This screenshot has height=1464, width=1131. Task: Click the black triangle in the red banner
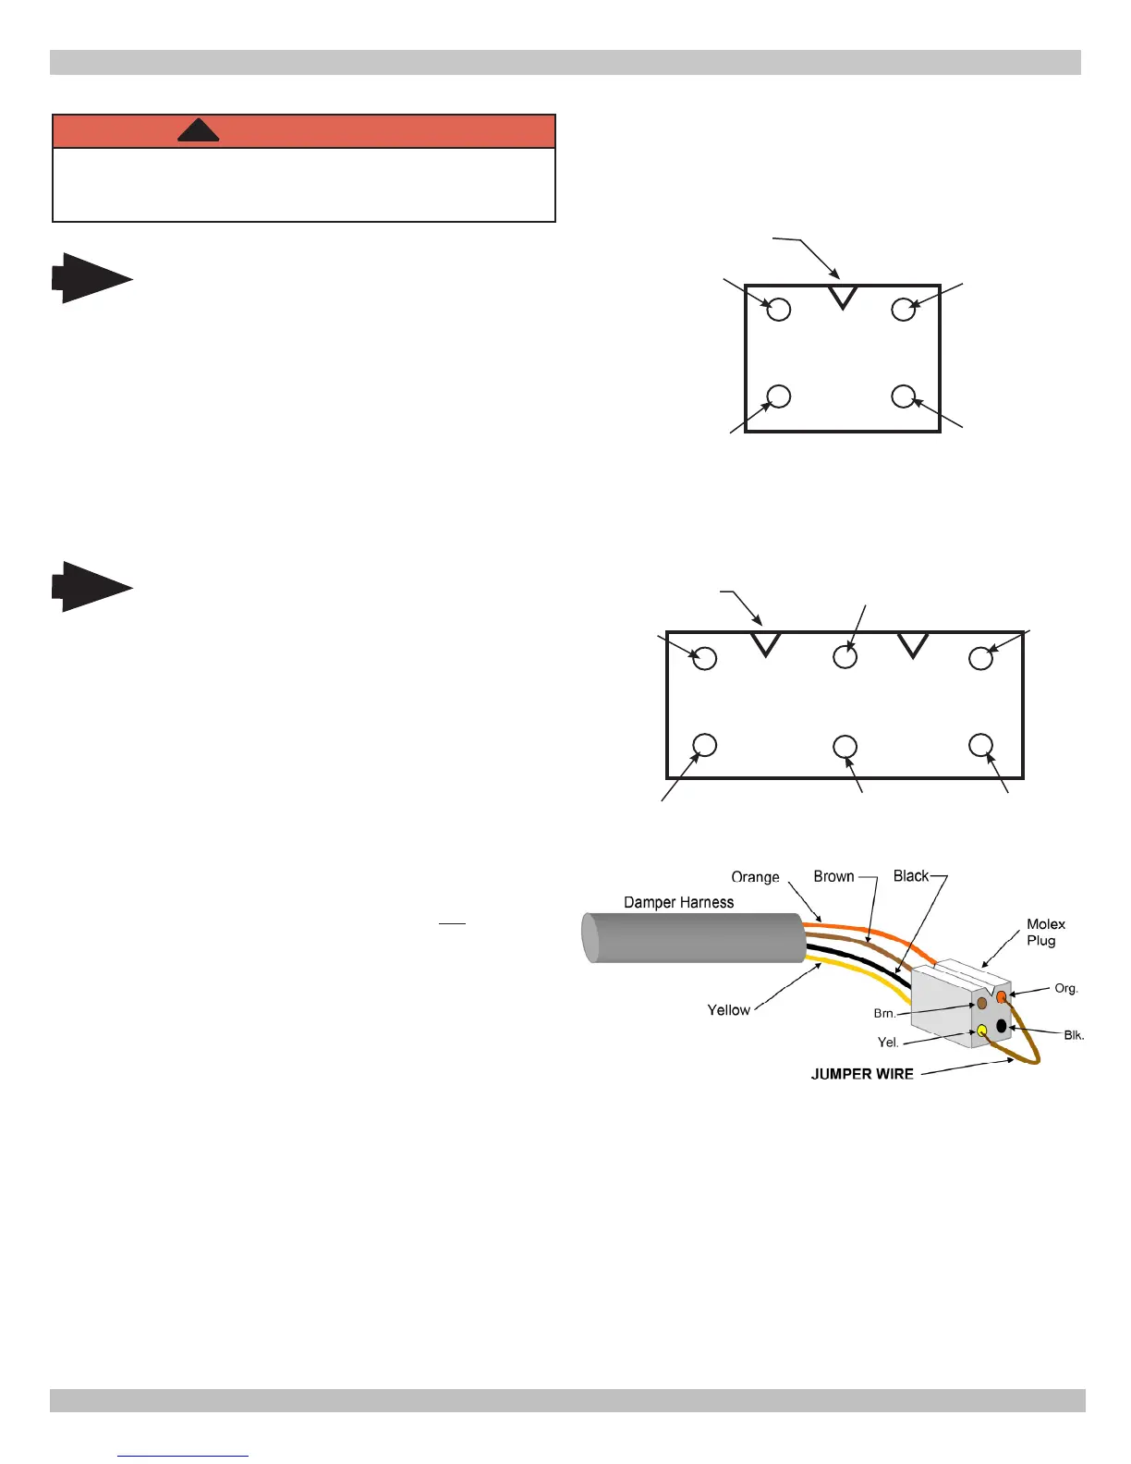point(198,131)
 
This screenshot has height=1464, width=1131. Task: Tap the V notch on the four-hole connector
point(843,297)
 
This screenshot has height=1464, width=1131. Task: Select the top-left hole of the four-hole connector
point(779,309)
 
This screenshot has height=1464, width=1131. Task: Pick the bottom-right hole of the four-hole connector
point(903,396)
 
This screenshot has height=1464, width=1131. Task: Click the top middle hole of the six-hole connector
point(845,657)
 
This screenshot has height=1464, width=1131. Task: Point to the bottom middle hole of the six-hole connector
point(845,746)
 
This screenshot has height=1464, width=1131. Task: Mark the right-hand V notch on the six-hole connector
point(913,644)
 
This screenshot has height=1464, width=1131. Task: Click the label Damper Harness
point(678,902)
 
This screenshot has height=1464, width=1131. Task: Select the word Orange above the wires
point(755,877)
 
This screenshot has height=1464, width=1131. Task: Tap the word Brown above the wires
point(833,876)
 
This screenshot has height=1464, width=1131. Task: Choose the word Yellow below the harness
point(728,1010)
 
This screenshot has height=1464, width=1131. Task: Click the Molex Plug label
point(1045,932)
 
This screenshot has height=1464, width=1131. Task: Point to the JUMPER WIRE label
point(862,1074)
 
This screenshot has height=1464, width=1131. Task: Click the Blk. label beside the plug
point(1074,1035)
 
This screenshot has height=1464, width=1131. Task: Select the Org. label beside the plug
point(1066,988)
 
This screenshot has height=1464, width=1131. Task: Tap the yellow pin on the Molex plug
point(981,1030)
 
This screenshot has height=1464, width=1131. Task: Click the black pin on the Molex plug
point(1001,1026)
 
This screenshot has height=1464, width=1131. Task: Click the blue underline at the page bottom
point(183,1456)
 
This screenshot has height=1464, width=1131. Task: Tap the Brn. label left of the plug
point(884,1014)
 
